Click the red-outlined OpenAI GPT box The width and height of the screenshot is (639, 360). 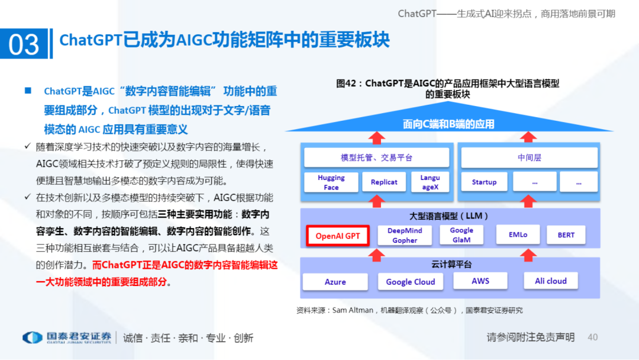(x=338, y=236)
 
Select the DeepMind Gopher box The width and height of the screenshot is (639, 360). (x=405, y=235)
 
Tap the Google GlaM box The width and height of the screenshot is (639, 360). (x=461, y=235)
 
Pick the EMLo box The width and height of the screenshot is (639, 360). (x=518, y=235)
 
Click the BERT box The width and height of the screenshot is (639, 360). (x=566, y=235)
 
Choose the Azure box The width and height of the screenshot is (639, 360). (x=335, y=282)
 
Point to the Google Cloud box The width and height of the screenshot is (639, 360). (x=410, y=282)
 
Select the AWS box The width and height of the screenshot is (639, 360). (x=480, y=281)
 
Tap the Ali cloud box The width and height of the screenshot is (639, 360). (x=550, y=281)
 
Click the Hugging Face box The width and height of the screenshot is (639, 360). (x=331, y=182)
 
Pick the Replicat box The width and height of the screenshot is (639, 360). (x=384, y=182)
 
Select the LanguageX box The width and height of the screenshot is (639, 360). (x=430, y=182)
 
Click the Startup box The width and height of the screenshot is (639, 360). (x=484, y=182)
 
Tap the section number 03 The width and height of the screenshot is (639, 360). (x=24, y=44)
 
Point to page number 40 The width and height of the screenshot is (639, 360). (x=592, y=337)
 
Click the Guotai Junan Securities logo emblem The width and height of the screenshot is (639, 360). (x=32, y=337)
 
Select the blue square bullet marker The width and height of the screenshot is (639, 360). (x=27, y=91)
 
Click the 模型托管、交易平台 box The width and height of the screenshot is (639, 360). (x=376, y=157)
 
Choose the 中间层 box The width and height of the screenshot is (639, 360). (x=529, y=157)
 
